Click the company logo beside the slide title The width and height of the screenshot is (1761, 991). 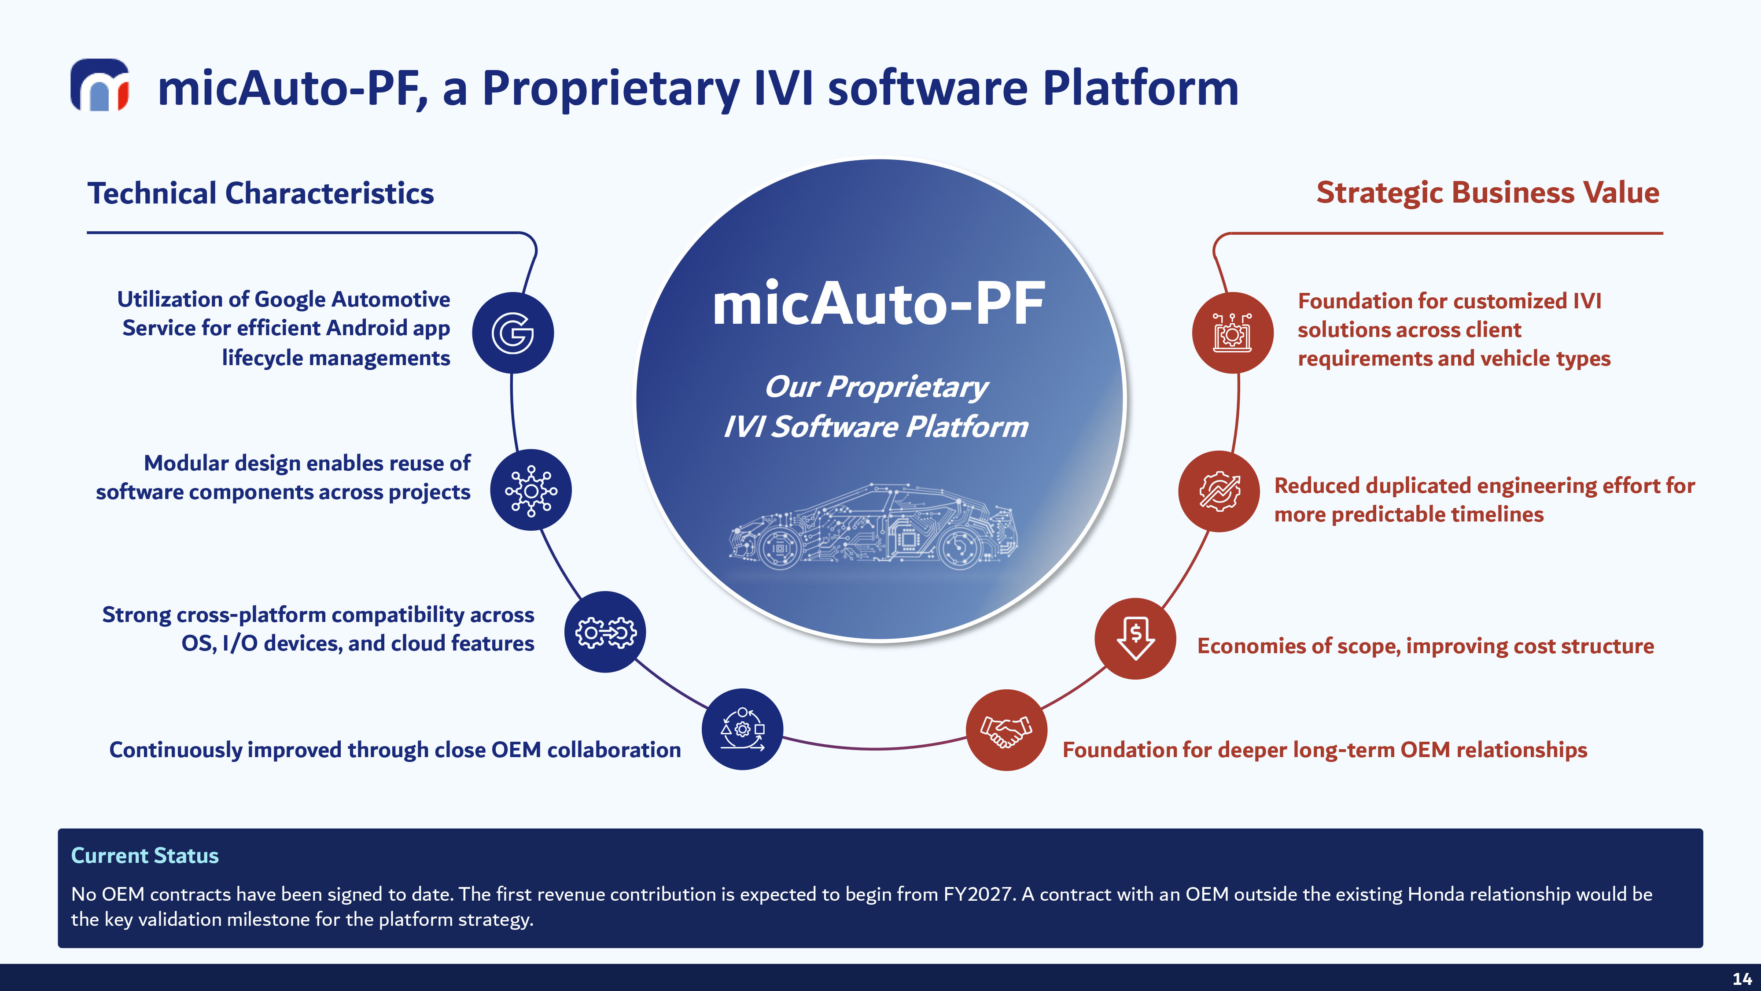(100, 85)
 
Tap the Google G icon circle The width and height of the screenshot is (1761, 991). (513, 333)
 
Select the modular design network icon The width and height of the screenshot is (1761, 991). (531, 490)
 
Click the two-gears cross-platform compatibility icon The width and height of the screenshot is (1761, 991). (605, 632)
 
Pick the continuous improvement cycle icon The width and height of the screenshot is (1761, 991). (742, 729)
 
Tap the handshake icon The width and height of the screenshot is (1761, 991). (1006, 730)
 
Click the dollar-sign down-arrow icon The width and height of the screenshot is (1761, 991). (1135, 639)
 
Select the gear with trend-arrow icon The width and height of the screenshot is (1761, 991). (1219, 491)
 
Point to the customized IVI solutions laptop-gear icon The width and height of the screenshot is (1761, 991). (1233, 333)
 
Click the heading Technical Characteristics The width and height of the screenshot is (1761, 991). (261, 193)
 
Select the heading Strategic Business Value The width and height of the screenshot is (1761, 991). (1488, 193)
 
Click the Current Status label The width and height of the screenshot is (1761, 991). (145, 856)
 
